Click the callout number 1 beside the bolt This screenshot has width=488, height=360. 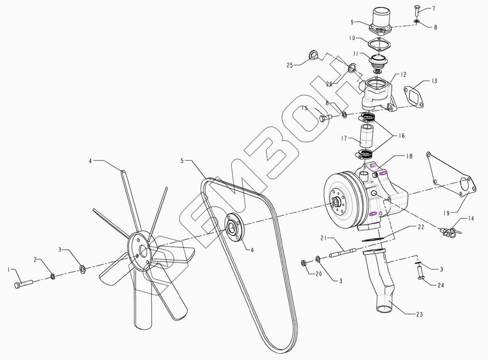pyautogui.click(x=9, y=270)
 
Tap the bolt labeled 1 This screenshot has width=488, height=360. pyautogui.click(x=23, y=284)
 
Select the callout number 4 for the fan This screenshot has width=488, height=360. pyautogui.click(x=91, y=161)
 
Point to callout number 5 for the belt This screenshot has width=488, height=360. pyautogui.click(x=182, y=161)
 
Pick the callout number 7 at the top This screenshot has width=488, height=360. pyautogui.click(x=433, y=9)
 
